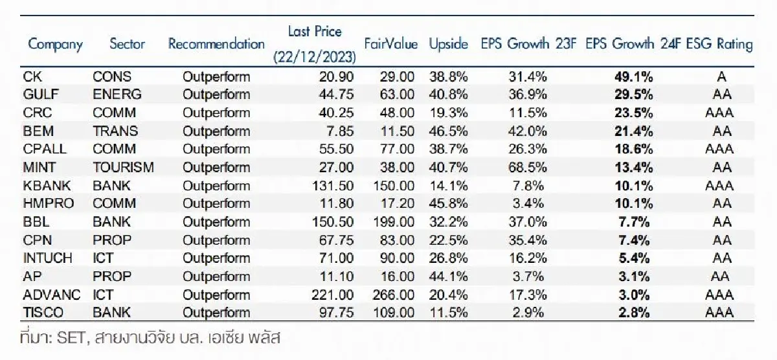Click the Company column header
pos(56,45)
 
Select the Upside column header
pos(448,45)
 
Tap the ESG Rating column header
pos(721,45)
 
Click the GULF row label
pos(41,95)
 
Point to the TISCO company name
pos(43,312)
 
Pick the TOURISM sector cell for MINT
pos(123,167)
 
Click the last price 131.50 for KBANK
pos(333,185)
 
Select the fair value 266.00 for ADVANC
pos(394,294)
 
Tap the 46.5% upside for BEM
pos(448,131)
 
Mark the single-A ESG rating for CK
pos(721,76)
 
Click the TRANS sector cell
pos(115,131)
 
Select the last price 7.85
pos(340,131)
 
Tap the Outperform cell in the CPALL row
pos(216,149)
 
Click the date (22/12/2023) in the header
pos(315,56)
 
